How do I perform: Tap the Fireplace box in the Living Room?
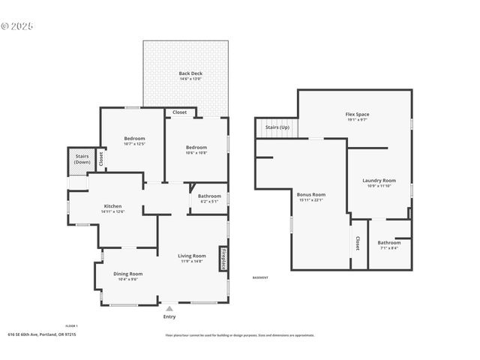[x=223, y=257]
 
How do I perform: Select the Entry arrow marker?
[x=169, y=307]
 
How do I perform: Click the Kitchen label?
[x=112, y=206]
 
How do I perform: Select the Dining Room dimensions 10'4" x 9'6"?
[x=127, y=279]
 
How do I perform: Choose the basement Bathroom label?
[x=388, y=242]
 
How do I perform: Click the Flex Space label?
[x=357, y=114]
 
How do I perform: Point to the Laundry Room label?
[x=379, y=181]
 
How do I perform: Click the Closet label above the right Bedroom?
[x=180, y=112]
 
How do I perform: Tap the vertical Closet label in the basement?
[x=358, y=243]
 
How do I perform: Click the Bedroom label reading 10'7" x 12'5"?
[x=134, y=139]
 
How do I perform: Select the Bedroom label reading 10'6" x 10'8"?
[x=196, y=148]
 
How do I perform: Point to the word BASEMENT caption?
[x=260, y=277]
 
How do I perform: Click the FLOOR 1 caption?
[x=71, y=325]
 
